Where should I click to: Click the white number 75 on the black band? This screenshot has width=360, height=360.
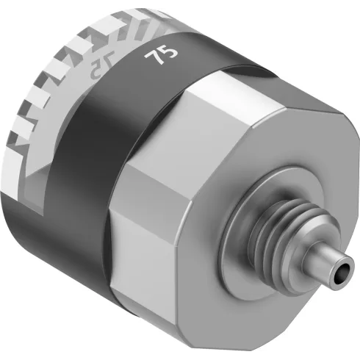155,57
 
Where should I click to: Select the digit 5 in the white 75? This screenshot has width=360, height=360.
160,54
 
